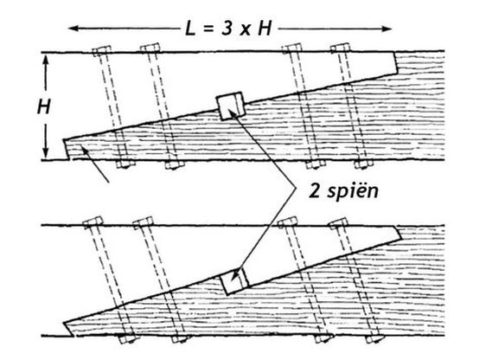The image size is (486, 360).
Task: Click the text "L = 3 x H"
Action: (x=228, y=29)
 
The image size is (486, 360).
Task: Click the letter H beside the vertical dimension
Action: (x=44, y=107)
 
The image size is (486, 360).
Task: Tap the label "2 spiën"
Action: (x=343, y=190)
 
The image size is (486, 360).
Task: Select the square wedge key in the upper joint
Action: (x=231, y=106)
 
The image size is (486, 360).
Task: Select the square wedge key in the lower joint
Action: (x=234, y=281)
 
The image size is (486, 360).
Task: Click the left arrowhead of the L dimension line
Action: (x=73, y=29)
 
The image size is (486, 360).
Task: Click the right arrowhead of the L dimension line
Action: (x=387, y=29)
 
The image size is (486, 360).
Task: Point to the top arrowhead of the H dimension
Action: (x=46, y=60)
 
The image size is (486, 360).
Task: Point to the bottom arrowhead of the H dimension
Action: (x=46, y=152)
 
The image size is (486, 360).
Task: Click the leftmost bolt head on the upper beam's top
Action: (x=102, y=50)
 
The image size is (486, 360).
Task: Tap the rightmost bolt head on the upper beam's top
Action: (x=340, y=48)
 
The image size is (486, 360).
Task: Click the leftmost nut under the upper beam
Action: (x=125, y=164)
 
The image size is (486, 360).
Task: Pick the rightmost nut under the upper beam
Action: (x=364, y=164)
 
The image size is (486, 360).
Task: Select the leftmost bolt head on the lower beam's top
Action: (x=93, y=222)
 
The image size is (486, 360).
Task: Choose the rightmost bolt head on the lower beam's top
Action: (x=338, y=223)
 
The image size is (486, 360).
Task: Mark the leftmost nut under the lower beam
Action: (x=127, y=339)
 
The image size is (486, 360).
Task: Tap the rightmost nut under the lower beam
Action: (x=375, y=339)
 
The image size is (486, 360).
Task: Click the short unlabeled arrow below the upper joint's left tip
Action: (x=95, y=164)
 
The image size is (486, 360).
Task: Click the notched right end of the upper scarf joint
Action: (x=395, y=63)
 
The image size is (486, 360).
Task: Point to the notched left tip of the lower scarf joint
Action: (x=68, y=330)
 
